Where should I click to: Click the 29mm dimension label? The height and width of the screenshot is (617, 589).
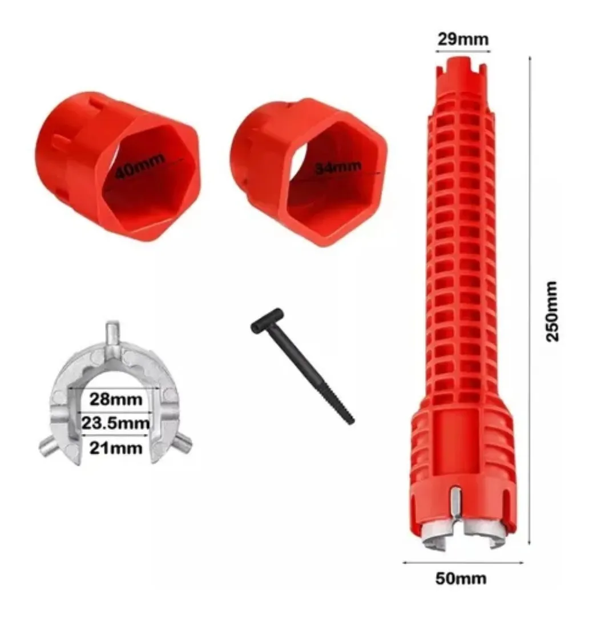[463, 39]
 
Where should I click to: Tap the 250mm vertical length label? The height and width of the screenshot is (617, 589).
[551, 311]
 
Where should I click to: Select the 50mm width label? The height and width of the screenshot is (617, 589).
[461, 578]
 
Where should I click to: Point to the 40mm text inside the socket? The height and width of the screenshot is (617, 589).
[139, 167]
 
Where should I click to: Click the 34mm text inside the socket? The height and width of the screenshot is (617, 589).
[338, 167]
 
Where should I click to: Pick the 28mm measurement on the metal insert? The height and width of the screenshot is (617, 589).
[116, 399]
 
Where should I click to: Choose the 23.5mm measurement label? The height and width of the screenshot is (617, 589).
[116, 423]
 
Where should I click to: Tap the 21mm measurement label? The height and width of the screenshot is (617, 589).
[116, 448]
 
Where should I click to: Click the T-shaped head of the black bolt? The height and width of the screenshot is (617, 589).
[267, 319]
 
